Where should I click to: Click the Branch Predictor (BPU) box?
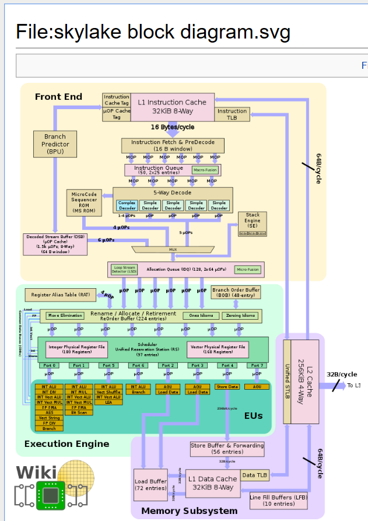[55, 144]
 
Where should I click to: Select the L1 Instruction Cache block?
[172, 106]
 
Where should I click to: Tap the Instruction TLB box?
[232, 114]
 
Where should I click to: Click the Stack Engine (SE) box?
[252, 224]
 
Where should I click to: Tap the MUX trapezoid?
[173, 249]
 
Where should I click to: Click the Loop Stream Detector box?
[125, 270]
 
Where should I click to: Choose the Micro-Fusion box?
[248, 270]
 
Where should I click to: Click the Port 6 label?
[138, 365]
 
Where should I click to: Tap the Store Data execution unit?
[227, 386]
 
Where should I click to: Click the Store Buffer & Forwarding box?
[227, 448]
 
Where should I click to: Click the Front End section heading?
[58, 96]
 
